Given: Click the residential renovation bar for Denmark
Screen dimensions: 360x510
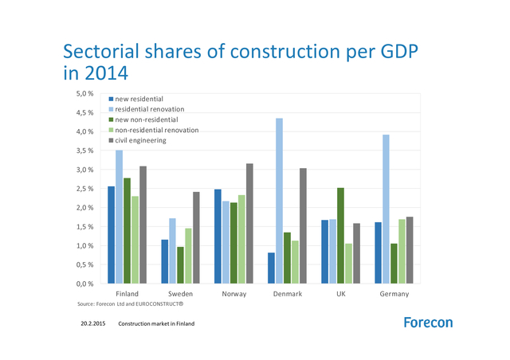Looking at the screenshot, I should click(280, 201).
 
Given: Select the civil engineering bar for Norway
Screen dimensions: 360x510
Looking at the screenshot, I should click(249, 224).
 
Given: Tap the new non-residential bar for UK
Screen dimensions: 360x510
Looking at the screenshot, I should click(340, 236).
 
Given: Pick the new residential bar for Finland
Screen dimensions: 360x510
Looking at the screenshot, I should click(111, 235).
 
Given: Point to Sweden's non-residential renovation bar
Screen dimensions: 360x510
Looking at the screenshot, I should click(188, 256).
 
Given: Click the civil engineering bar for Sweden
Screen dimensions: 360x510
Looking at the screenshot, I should click(196, 237).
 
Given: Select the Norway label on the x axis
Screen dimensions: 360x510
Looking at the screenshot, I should click(234, 294).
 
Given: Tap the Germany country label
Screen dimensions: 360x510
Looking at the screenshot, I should click(394, 294).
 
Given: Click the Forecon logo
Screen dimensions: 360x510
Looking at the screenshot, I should click(428, 323).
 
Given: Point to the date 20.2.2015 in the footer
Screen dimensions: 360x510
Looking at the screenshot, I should click(93, 324).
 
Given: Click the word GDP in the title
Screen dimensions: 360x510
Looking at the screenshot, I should click(390, 53).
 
